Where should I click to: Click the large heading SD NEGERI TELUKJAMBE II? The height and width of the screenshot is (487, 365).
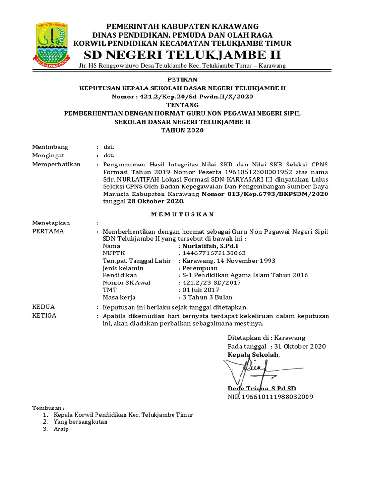click(x=182, y=54)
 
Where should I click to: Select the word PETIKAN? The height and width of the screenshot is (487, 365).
click(x=182, y=79)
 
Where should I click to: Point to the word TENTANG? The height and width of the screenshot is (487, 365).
click(x=182, y=105)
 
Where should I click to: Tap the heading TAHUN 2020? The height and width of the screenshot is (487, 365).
click(x=182, y=130)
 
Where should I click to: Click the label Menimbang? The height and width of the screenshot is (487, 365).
click(x=50, y=147)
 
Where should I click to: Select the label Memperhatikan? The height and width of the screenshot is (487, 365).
click(x=56, y=164)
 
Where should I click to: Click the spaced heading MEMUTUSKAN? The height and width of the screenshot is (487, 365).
click(x=182, y=214)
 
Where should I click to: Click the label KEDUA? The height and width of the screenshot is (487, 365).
click(x=43, y=307)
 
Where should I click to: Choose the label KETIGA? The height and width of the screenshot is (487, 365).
click(x=44, y=315)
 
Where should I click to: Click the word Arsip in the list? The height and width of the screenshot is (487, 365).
click(x=61, y=429)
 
